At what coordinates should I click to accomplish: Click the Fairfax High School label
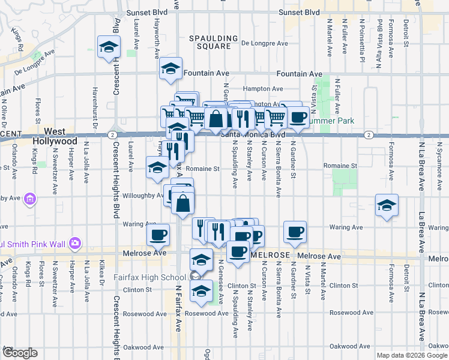click(x=149, y=277)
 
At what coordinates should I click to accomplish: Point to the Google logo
click(x=19, y=353)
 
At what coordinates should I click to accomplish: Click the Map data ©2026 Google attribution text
click(x=412, y=355)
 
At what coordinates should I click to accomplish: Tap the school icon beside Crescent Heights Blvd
click(x=109, y=47)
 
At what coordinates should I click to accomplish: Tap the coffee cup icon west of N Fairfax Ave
click(x=158, y=234)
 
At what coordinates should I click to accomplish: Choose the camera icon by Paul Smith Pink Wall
click(x=74, y=244)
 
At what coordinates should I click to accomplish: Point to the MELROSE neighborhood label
click(x=270, y=255)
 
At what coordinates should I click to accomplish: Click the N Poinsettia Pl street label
click(x=363, y=40)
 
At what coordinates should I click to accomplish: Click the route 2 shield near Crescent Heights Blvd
click(x=112, y=135)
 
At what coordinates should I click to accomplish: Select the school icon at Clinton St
click(x=201, y=291)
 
